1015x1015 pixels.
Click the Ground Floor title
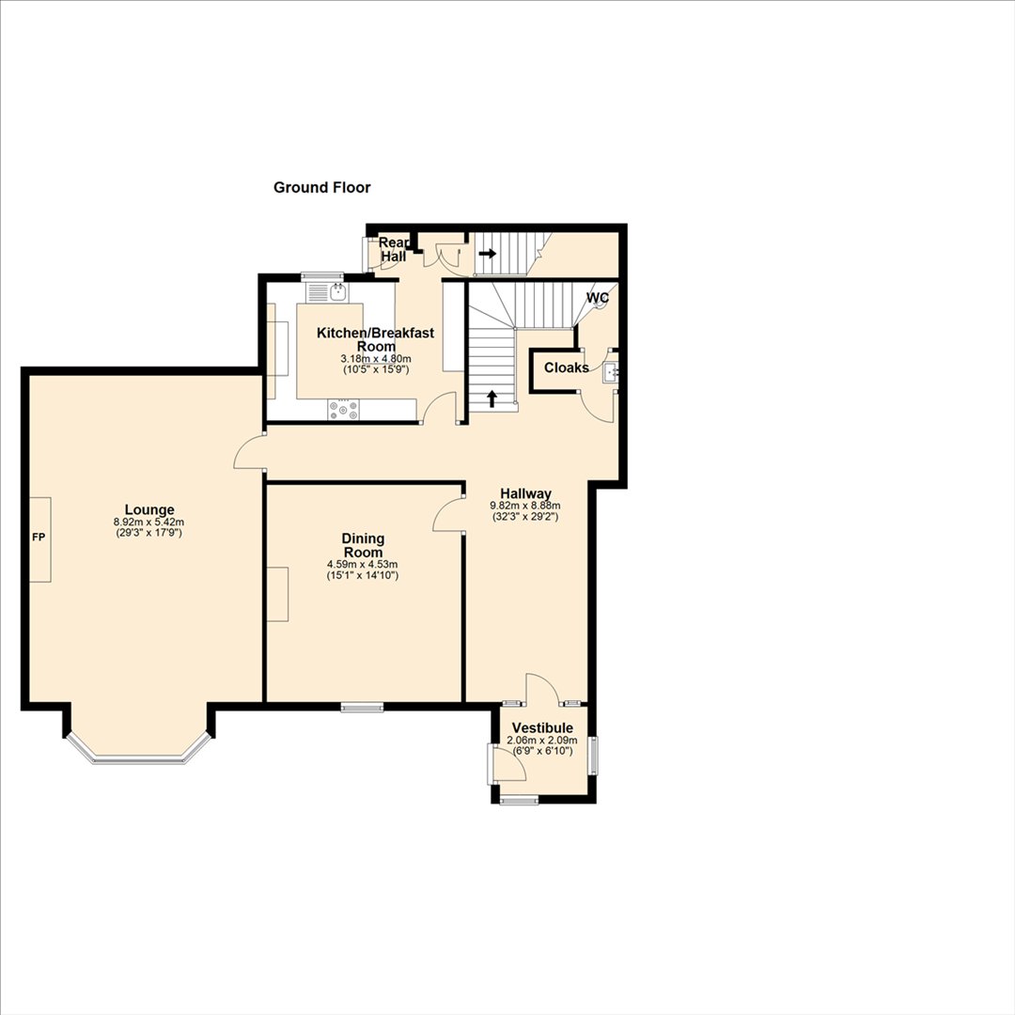321,188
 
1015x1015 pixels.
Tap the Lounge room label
149,510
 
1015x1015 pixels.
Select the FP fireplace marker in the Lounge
39,538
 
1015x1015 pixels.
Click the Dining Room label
363,545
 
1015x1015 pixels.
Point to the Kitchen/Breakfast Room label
375,339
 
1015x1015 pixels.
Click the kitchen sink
338,292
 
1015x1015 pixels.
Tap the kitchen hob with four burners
343,409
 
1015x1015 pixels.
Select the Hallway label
525,494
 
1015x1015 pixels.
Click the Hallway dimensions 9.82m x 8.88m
525,506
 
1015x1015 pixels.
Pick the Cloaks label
567,367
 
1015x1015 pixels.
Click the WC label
598,298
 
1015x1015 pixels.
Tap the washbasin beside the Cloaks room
611,373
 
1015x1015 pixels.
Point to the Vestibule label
542,728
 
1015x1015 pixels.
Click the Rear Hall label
394,249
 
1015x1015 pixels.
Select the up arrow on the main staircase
492,398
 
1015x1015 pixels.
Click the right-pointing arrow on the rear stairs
488,253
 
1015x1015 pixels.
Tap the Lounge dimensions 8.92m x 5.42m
148,522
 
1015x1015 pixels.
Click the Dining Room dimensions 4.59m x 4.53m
363,565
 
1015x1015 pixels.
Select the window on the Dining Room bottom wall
363,708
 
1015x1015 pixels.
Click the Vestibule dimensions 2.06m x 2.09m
542,741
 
